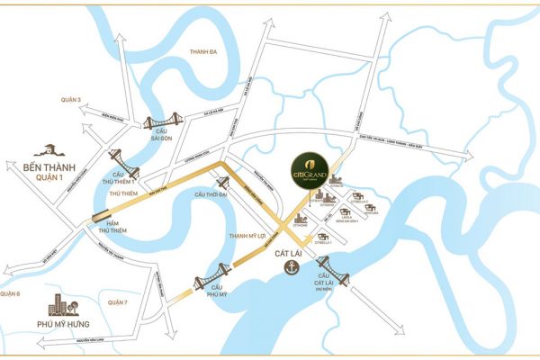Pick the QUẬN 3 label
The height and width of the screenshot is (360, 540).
69,98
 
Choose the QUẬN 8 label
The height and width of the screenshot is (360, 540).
10,293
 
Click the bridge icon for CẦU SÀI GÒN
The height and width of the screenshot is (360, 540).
162,123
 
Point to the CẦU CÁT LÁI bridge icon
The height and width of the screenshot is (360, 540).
330,266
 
